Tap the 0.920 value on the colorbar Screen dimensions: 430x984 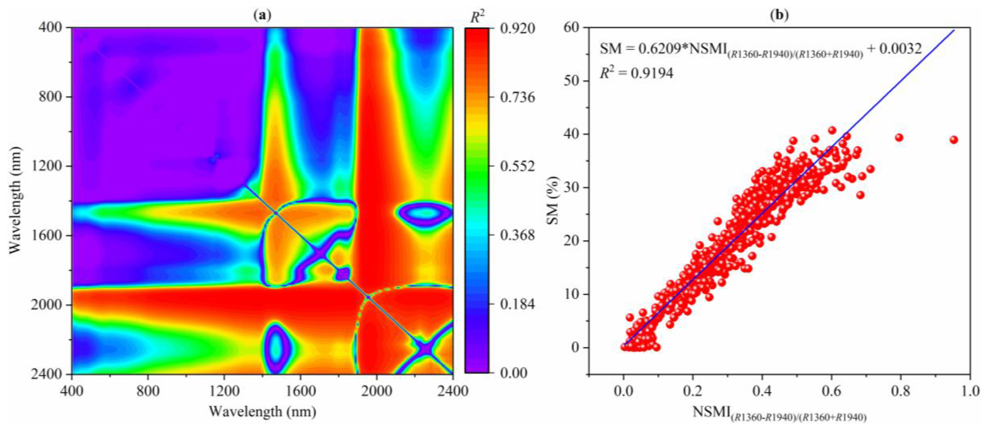pyautogui.click(x=518, y=28)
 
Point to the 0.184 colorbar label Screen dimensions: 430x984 pyautogui.click(x=518, y=304)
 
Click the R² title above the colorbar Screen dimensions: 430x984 pyautogui.click(x=477, y=16)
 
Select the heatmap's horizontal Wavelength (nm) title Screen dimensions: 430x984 pyautogui.click(x=262, y=412)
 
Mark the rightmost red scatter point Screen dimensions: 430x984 pyautogui.click(x=954, y=140)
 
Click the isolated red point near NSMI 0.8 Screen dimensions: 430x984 pyautogui.click(x=899, y=138)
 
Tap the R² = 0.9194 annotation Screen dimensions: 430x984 pyautogui.click(x=636, y=73)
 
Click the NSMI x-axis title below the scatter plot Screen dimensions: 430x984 pyautogui.click(x=779, y=414)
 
